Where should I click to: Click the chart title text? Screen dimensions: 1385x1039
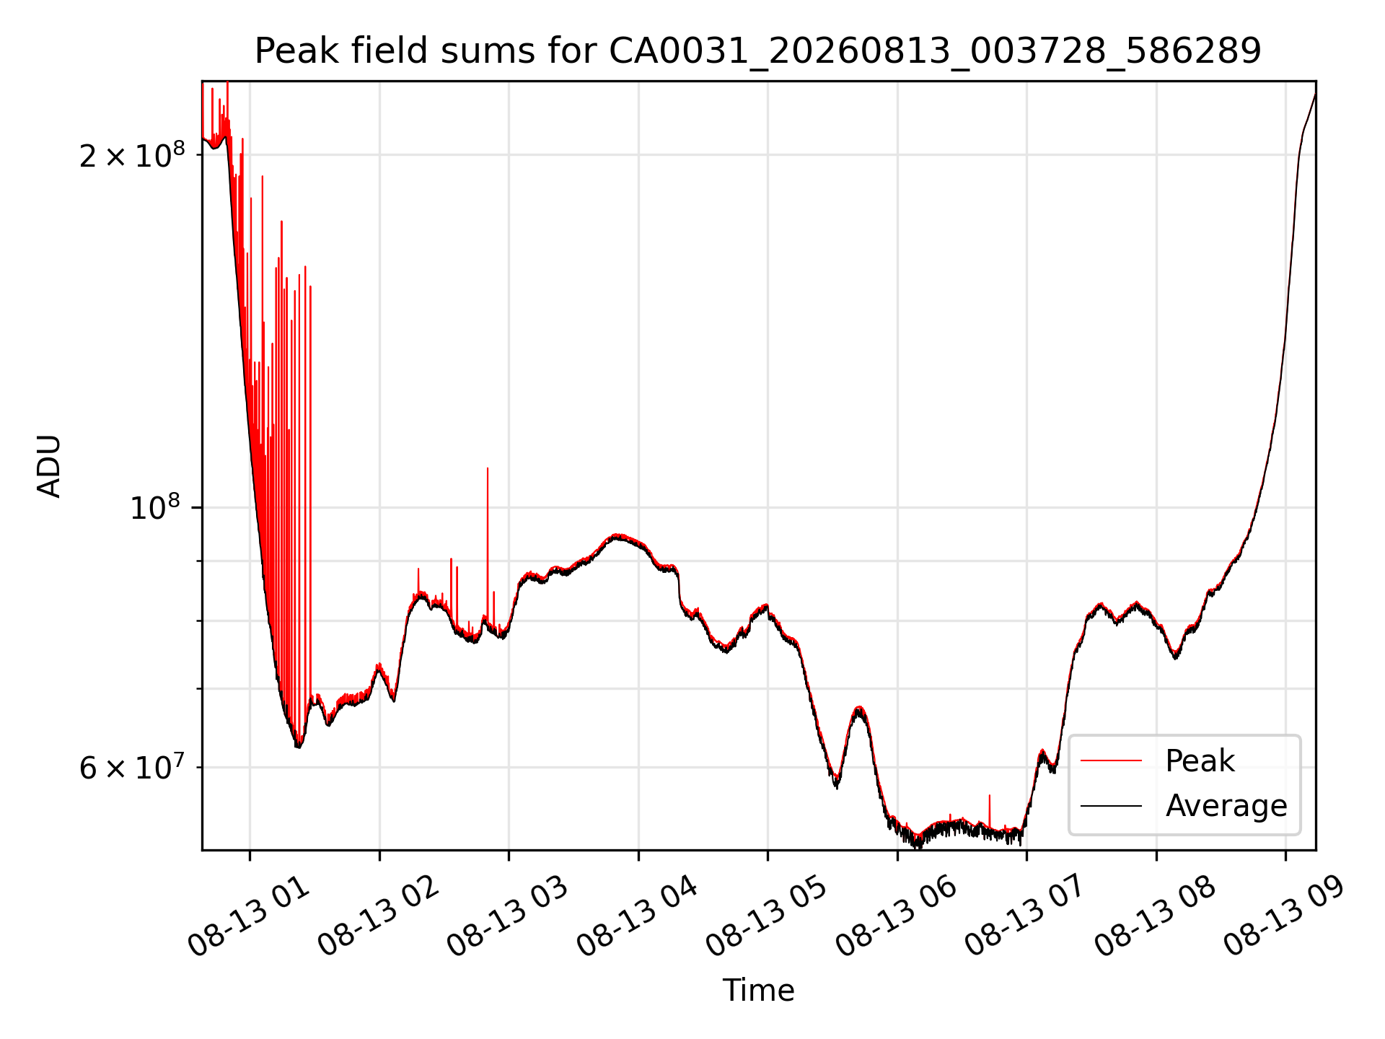click(758, 51)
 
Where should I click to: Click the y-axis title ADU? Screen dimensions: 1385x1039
click(49, 466)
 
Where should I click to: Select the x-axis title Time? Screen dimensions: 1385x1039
click(758, 991)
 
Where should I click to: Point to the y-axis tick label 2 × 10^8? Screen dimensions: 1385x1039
click(132, 154)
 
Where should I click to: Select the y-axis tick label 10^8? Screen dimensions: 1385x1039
click(157, 507)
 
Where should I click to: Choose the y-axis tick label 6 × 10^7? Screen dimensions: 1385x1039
click(132, 767)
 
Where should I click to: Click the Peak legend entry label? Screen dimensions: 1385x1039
click(1200, 761)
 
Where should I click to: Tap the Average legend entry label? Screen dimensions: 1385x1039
click(1226, 806)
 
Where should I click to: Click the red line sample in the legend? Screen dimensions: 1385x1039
click(1111, 760)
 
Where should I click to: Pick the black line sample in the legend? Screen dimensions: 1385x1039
click(1111, 805)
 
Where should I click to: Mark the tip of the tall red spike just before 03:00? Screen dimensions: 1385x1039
click(488, 468)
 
